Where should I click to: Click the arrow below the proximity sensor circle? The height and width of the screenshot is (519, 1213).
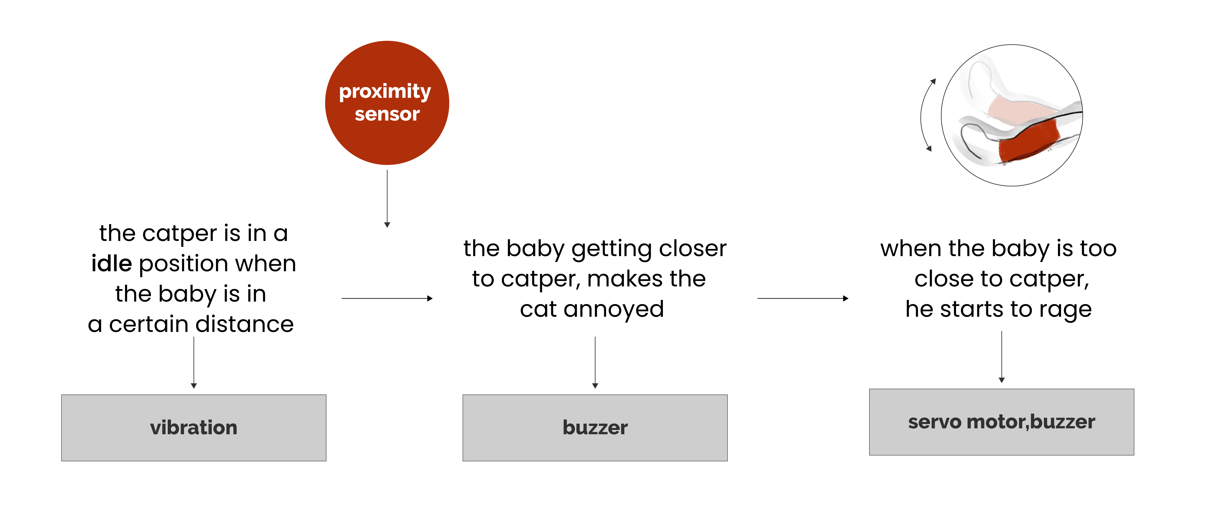point(387,198)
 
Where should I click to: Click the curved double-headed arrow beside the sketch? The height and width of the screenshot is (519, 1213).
point(924,115)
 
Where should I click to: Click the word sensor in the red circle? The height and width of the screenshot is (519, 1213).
point(387,114)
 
